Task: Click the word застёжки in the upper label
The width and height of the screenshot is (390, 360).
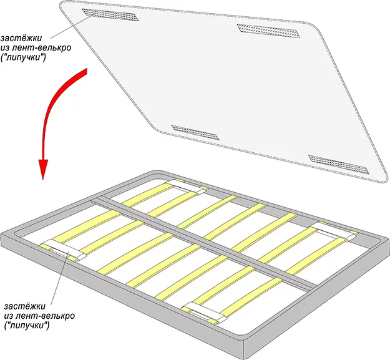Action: [18, 34]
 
